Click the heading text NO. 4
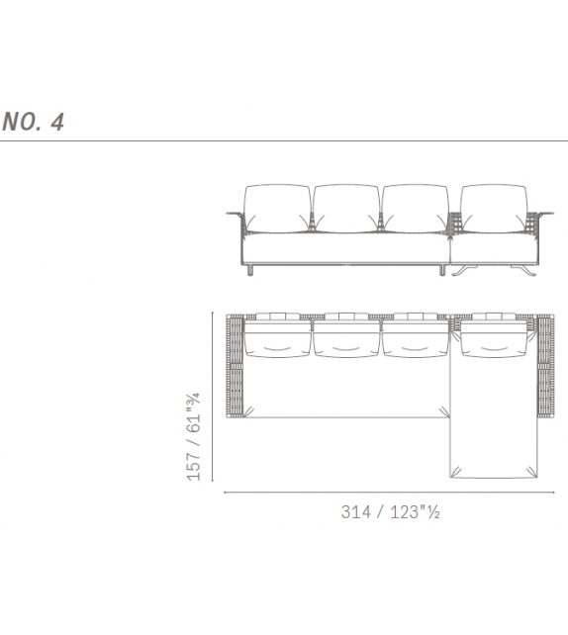[x=34, y=123]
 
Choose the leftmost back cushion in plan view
[x=277, y=338]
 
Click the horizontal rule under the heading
[x=284, y=141]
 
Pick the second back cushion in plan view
[x=345, y=338]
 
